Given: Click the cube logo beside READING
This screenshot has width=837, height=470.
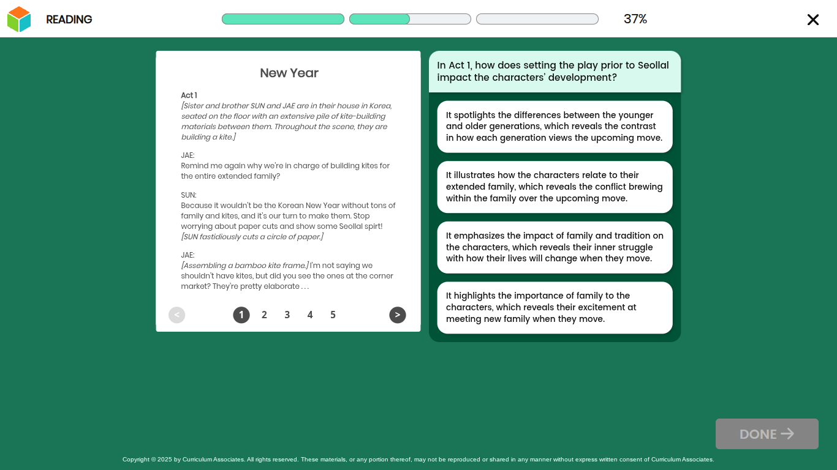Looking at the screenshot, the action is tap(18, 19).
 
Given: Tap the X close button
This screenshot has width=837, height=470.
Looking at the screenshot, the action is tap(812, 20).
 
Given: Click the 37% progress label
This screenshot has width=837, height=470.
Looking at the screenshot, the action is tap(635, 19).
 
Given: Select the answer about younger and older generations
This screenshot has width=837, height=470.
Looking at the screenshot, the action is tap(555, 127).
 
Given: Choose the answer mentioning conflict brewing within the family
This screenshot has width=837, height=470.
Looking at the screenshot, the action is tap(555, 187).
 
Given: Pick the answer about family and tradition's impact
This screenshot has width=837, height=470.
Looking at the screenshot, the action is tap(555, 247).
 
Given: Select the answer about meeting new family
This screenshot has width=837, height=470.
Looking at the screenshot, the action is tap(555, 308).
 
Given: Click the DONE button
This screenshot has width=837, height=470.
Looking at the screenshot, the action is tap(767, 434).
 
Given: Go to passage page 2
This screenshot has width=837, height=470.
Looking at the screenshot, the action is tap(264, 315).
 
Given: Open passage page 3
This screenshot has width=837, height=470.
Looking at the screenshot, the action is tap(287, 315).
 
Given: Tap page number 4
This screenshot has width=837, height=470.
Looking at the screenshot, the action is tap(310, 315).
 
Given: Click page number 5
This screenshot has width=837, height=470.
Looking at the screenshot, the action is tap(333, 315).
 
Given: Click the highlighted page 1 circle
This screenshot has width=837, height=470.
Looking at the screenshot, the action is tap(241, 315).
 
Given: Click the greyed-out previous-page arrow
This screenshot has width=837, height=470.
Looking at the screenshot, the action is tap(176, 315).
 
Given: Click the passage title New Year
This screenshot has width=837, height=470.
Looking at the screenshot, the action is tap(289, 73).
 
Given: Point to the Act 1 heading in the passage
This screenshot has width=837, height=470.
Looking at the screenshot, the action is tap(189, 95).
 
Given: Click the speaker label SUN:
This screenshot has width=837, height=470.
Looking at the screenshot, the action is tap(189, 195).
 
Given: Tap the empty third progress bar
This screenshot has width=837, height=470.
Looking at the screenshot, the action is tap(537, 19).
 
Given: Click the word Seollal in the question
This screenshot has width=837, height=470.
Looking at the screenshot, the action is tap(653, 65).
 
